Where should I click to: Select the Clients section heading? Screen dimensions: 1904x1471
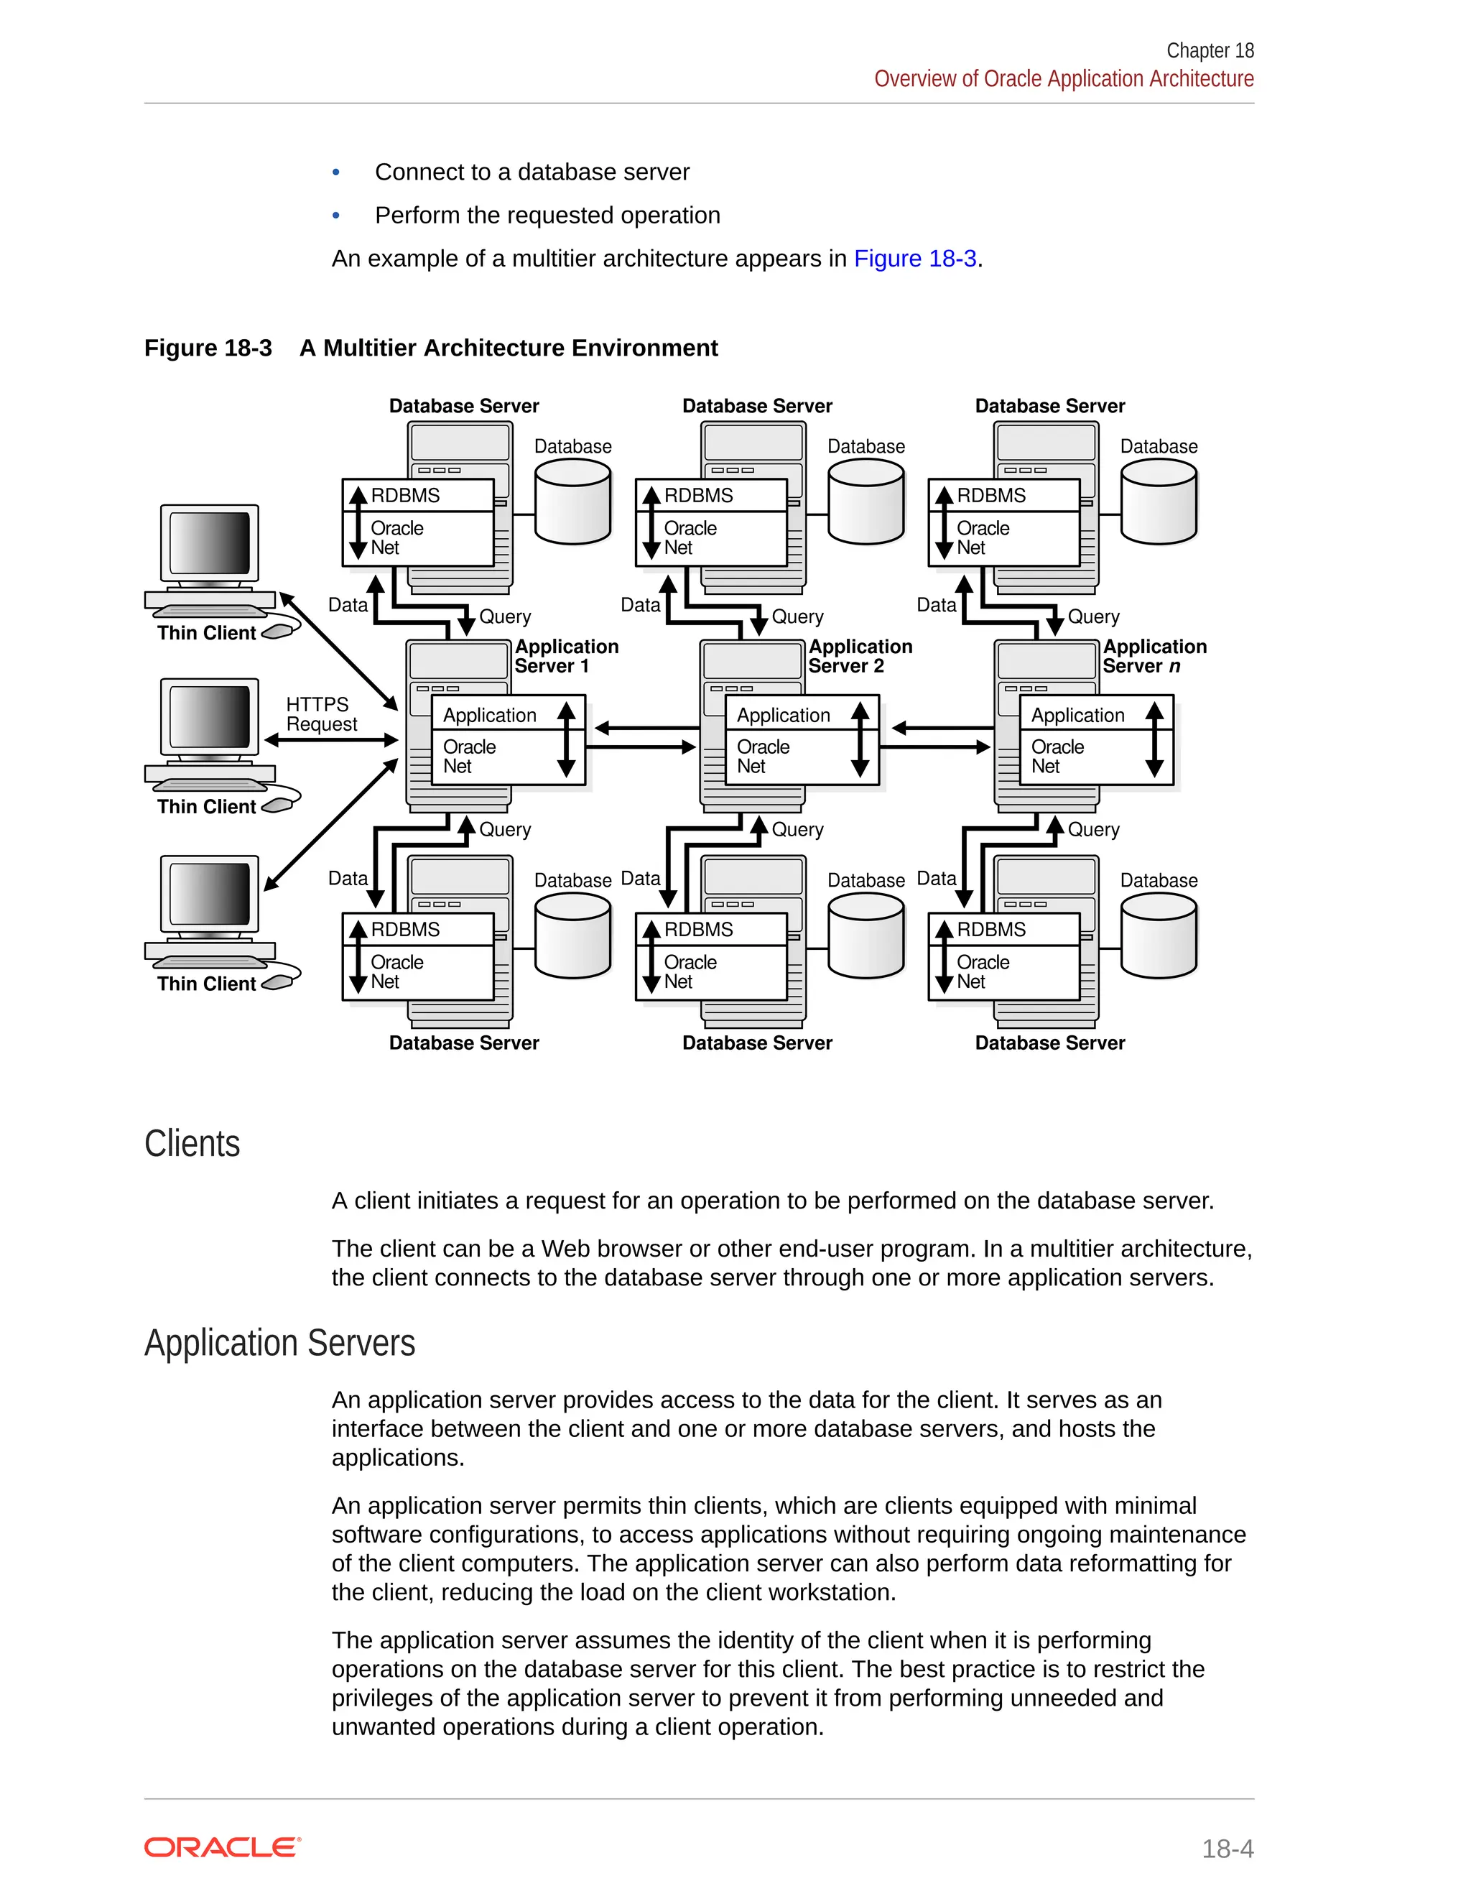(192, 1144)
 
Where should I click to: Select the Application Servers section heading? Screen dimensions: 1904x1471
(279, 1344)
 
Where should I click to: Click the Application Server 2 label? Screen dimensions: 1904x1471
(859, 657)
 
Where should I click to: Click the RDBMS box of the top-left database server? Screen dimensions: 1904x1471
(418, 495)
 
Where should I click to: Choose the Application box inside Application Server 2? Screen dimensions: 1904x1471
(784, 715)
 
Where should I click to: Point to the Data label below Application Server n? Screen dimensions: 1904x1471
(936, 879)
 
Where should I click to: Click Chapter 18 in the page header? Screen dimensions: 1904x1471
(1210, 50)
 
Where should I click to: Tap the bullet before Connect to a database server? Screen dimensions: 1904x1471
(336, 172)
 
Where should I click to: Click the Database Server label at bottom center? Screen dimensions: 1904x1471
(756, 1043)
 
